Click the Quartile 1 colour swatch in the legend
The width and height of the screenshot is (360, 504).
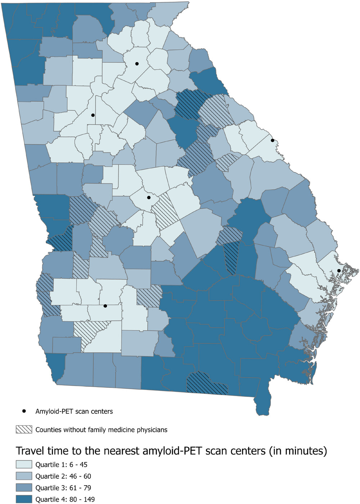point(24,464)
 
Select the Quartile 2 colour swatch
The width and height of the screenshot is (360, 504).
point(24,476)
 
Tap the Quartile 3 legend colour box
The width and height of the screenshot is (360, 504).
point(24,488)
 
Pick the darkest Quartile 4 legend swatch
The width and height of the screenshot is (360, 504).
point(24,499)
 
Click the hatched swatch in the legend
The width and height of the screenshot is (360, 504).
point(24,430)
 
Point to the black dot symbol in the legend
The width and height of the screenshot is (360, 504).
point(24,411)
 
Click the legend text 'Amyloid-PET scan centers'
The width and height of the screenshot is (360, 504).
point(74,411)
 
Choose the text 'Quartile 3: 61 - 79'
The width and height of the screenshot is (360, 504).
point(63,488)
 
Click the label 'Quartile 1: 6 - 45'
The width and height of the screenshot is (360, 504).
point(61,464)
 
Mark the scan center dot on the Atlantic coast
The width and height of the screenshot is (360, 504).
point(339,271)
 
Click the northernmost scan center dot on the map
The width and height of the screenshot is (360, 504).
point(137,64)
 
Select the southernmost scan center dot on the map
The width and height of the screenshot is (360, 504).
point(105,306)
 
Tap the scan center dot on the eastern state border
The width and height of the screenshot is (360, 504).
point(273,140)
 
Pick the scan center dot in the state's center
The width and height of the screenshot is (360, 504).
point(149,197)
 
